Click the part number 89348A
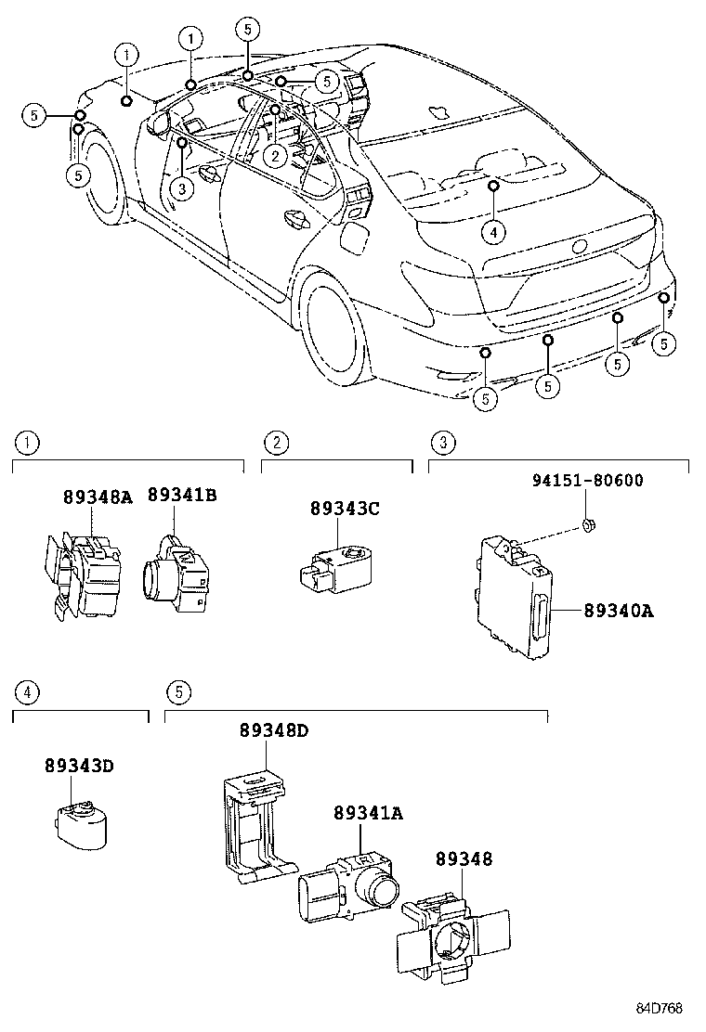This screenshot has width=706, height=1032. pyautogui.click(x=98, y=497)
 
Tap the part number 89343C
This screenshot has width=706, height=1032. pyautogui.click(x=345, y=509)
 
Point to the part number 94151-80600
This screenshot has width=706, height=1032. pyautogui.click(x=587, y=481)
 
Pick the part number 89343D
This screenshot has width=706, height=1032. pyautogui.click(x=78, y=766)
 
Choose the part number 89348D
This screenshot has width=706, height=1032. pyautogui.click(x=273, y=730)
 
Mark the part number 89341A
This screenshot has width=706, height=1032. pyautogui.click(x=368, y=813)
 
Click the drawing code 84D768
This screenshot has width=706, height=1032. pyautogui.click(x=659, y=1008)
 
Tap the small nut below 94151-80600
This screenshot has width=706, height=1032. pyautogui.click(x=589, y=526)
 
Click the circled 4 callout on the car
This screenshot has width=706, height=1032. pyautogui.click(x=495, y=230)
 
